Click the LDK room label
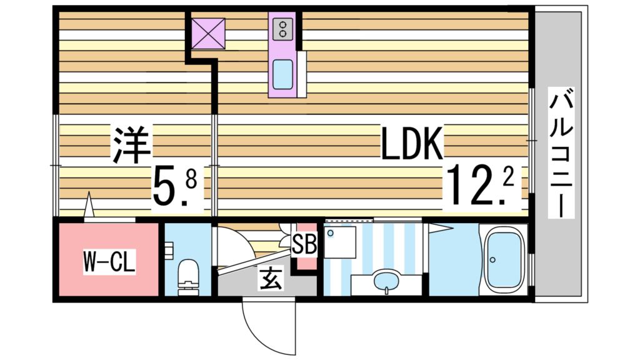(412, 144)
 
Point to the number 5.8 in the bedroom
(176, 186)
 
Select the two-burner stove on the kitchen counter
(282, 27)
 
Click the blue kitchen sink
(283, 74)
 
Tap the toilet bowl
(187, 275)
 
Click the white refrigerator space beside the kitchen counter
(302, 74)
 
